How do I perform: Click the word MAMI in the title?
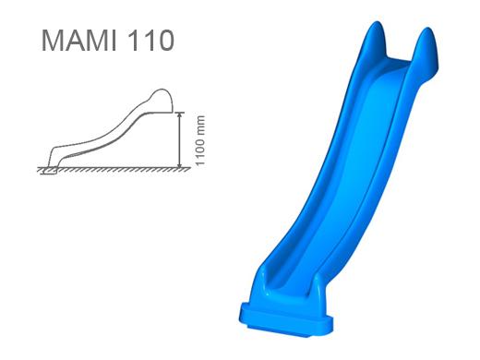click(x=79, y=41)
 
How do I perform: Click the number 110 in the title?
click(x=150, y=41)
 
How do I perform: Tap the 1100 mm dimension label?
click(x=200, y=140)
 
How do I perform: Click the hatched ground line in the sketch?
click(x=114, y=170)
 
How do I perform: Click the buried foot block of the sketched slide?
click(x=50, y=171)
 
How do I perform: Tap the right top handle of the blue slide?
click(x=426, y=49)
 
